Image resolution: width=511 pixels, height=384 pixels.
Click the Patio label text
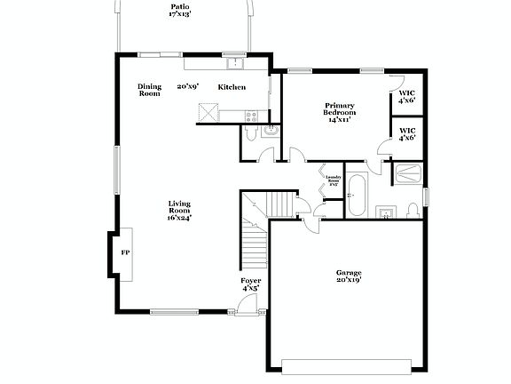(x=180, y=11)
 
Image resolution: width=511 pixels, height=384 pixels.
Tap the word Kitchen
(x=232, y=87)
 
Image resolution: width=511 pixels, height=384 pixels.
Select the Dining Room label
(x=149, y=90)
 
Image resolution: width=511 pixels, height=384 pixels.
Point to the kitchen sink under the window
(x=234, y=63)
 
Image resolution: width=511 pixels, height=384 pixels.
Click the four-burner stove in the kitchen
(x=251, y=116)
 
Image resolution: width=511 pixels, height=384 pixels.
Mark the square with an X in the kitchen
(x=208, y=112)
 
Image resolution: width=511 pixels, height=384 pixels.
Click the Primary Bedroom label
(x=339, y=112)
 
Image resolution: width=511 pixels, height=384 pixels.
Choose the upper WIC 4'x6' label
(x=407, y=97)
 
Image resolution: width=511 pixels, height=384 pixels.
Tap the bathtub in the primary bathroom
(x=356, y=195)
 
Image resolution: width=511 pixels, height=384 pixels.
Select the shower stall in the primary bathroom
(x=408, y=174)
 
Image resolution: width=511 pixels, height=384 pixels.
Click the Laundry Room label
(x=334, y=181)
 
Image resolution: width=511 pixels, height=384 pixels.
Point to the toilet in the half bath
(x=250, y=133)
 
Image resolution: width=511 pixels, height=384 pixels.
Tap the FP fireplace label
(x=124, y=252)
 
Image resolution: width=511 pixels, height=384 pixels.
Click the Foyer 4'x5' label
(x=251, y=284)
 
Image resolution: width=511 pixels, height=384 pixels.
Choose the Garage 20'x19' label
(x=348, y=276)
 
